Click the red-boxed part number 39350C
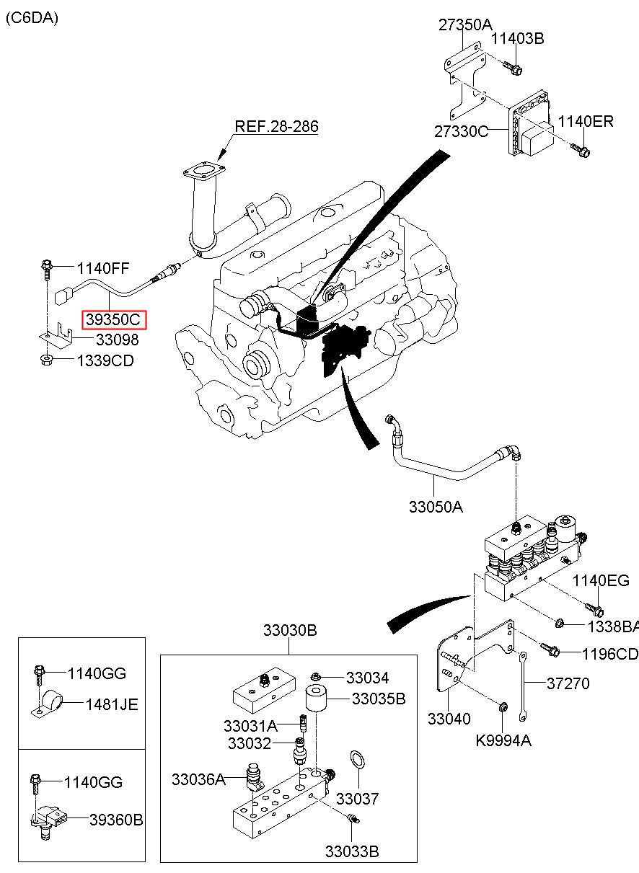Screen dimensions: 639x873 pyautogui.click(x=113, y=319)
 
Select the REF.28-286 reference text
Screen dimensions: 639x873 pyautogui.click(x=276, y=126)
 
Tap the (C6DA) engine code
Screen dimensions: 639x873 pyautogui.click(x=32, y=18)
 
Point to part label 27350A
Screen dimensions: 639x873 pyautogui.click(x=465, y=25)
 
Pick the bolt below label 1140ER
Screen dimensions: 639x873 pyautogui.click(x=581, y=151)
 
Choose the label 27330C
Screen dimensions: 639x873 pyautogui.click(x=461, y=131)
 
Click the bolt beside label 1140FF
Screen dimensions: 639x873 pyautogui.click(x=46, y=270)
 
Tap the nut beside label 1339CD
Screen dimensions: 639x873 pyautogui.click(x=46, y=360)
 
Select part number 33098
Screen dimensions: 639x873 pyautogui.click(x=117, y=340)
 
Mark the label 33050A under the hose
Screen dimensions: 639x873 pyautogui.click(x=436, y=507)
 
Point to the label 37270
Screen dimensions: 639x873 pyautogui.click(x=568, y=683)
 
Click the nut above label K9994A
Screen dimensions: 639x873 pyautogui.click(x=503, y=706)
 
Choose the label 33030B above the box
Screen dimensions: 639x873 pyautogui.click(x=290, y=630)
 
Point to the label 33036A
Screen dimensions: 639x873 pyautogui.click(x=198, y=779)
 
